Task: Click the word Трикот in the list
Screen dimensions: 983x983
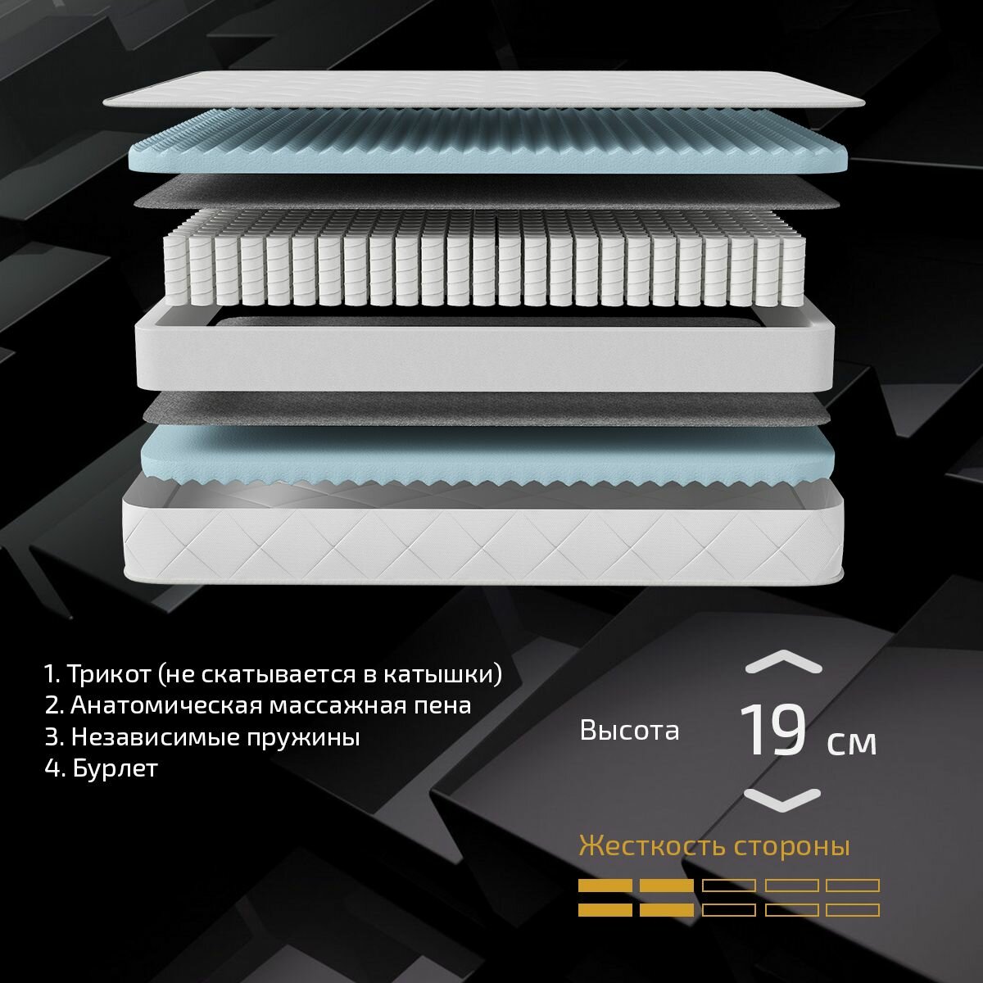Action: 109,673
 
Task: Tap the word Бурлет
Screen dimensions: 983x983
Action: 115,768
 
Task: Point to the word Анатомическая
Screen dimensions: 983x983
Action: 165,705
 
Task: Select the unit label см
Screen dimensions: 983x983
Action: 851,743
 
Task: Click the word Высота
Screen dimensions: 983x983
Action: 629,731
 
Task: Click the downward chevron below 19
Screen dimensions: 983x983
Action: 782,799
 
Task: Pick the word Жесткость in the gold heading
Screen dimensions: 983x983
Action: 654,846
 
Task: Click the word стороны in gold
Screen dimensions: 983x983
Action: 792,847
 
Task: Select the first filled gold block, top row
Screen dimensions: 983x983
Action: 605,885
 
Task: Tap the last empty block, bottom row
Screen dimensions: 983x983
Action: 853,909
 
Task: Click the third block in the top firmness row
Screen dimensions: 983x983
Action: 729,885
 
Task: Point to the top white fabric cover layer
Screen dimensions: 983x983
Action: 483,89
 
